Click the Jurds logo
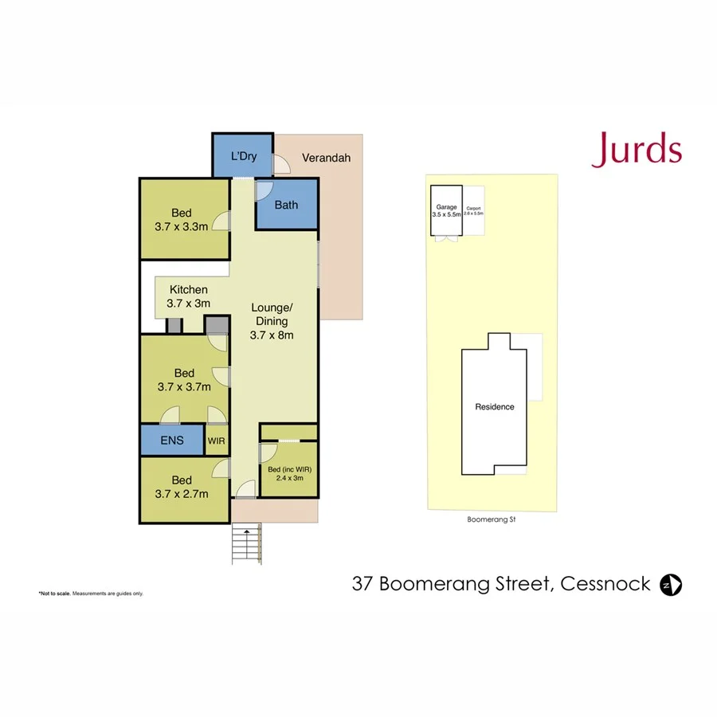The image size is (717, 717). pos(636,151)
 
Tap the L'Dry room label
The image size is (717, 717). pos(243,156)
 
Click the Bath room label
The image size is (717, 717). pos(286,205)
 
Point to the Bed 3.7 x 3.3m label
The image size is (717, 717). pos(182,219)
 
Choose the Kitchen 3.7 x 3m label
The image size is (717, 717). pos(188,296)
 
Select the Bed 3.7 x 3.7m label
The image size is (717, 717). pos(184,380)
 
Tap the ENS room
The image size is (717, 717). pos(172,440)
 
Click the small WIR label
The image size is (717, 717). pos(217,440)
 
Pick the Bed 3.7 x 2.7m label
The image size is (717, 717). pos(182,487)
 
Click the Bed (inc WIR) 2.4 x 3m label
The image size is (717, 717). pos(289,473)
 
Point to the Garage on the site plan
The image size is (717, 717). pos(446,211)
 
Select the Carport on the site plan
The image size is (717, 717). pos(474,212)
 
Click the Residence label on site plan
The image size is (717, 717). pos(495,406)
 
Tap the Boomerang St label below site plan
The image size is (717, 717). pos(492,519)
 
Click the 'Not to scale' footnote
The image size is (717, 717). pos(91,594)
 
